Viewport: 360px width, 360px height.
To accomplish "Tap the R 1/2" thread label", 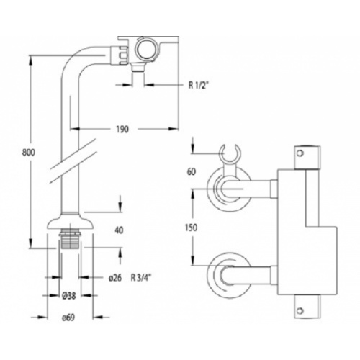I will (x=199, y=84).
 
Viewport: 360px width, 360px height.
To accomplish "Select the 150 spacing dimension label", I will (x=192, y=226).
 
